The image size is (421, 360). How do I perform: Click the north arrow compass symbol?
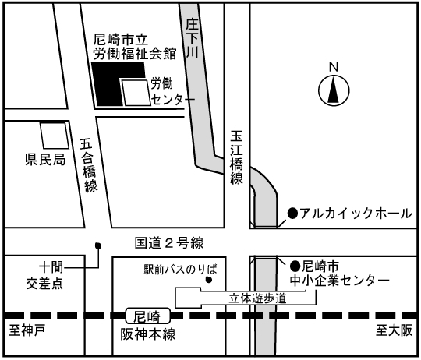point(334,90)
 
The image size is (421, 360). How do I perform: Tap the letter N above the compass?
point(334,67)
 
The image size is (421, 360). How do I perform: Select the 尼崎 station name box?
point(147,316)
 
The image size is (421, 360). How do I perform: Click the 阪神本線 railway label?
point(148,334)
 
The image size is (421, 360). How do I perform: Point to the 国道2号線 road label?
point(169,243)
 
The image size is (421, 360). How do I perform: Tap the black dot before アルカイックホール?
point(292,214)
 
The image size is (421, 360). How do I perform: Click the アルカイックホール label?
point(356,214)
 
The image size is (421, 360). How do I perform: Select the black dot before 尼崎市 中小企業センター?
point(295,266)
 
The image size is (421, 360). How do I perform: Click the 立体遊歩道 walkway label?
point(257,298)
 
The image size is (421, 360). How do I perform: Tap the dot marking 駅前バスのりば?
point(209,280)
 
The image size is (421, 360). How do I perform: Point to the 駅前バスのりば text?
point(180,269)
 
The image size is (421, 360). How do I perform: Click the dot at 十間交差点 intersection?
point(98,245)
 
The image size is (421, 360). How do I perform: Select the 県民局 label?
point(45,160)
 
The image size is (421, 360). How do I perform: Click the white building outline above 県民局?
point(55,136)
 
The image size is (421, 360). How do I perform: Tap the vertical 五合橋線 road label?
point(90,165)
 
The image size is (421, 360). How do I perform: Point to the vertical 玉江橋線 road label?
point(236,157)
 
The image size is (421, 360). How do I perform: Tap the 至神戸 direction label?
point(27,330)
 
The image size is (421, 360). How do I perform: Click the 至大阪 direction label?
point(394,330)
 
